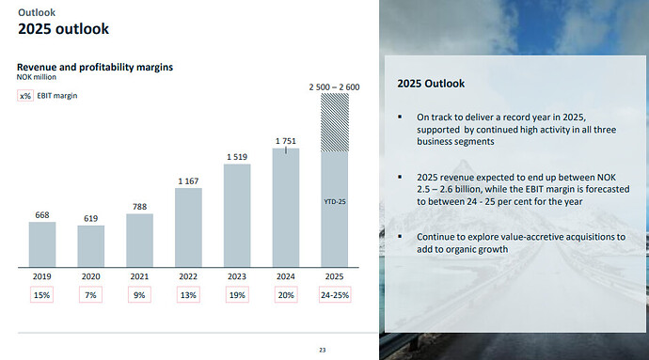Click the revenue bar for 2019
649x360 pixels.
(x=42, y=244)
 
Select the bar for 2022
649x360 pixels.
(x=188, y=227)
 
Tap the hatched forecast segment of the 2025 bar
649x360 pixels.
(x=335, y=123)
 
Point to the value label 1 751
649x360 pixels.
(x=286, y=141)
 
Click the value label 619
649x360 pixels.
(x=90, y=218)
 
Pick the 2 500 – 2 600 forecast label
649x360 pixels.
(x=335, y=87)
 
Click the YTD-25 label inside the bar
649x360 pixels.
(x=335, y=202)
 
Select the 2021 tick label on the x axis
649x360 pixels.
(x=139, y=276)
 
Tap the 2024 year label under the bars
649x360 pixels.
(x=286, y=276)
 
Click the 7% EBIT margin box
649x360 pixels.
(x=90, y=295)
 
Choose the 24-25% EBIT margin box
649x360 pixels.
(x=335, y=295)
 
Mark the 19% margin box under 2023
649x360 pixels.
(x=237, y=295)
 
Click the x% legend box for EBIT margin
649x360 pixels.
(x=25, y=96)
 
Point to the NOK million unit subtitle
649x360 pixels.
(x=37, y=77)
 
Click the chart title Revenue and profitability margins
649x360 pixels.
(x=95, y=67)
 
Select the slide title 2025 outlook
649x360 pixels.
(x=63, y=29)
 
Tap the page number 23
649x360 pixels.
(x=323, y=350)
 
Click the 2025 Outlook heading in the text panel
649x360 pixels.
(x=431, y=84)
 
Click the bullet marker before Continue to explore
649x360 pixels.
(x=400, y=236)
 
